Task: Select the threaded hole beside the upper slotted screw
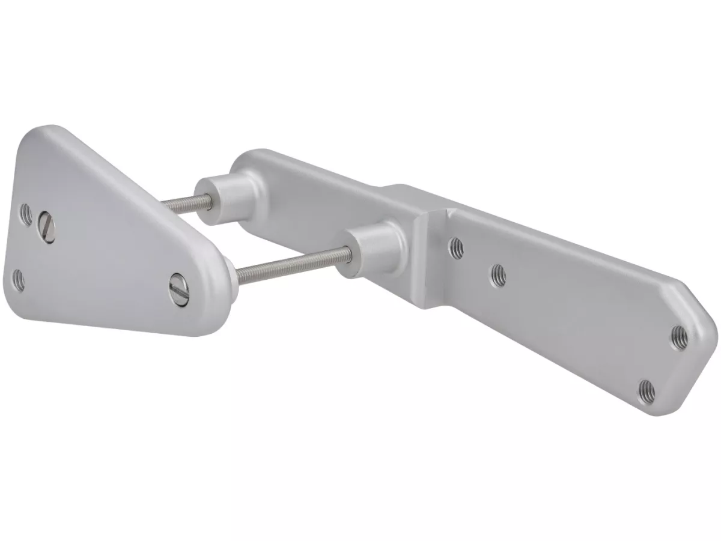(x=26, y=213)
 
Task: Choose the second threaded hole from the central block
(x=498, y=275)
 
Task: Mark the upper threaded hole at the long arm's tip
(x=679, y=333)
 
